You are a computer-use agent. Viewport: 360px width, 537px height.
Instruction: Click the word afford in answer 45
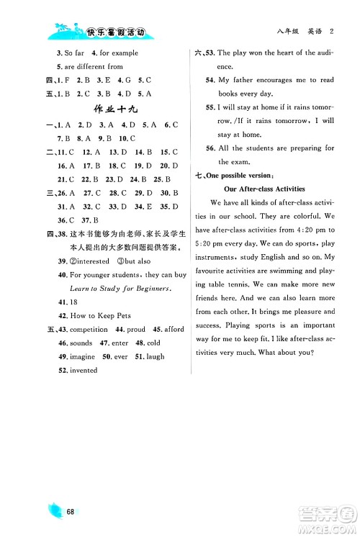coord(173,329)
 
